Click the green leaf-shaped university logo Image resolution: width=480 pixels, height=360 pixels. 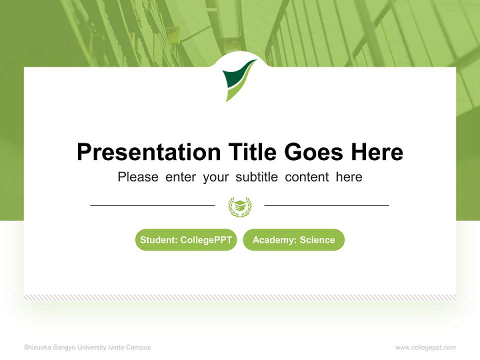[x=239, y=80]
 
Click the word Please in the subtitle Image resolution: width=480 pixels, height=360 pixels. [x=138, y=177]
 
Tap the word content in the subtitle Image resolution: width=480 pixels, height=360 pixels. [x=307, y=177]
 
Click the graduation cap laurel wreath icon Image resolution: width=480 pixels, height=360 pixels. [x=240, y=206]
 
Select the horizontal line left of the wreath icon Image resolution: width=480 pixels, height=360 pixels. [x=152, y=205]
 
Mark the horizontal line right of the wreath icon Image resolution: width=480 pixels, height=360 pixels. [x=326, y=205]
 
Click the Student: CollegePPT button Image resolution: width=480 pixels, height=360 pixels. [x=186, y=240]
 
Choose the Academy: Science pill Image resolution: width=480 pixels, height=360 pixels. [x=293, y=240]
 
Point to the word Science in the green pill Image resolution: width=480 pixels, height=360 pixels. [x=317, y=240]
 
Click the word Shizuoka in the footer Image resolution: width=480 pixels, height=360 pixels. [x=36, y=347]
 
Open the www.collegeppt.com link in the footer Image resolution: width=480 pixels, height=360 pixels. [x=425, y=347]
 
